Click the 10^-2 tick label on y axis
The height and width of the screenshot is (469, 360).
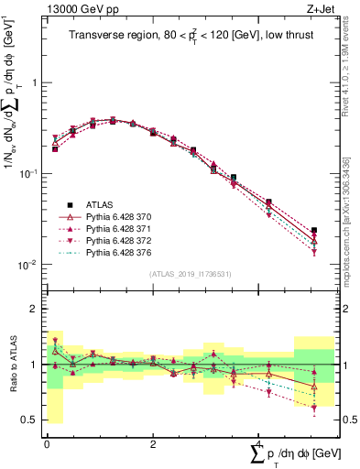(x=27, y=265)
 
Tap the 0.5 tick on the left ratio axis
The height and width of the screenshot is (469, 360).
(x=29, y=420)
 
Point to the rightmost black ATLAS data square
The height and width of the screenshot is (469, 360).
(x=314, y=231)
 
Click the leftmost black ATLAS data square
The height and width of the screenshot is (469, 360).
(x=55, y=148)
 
